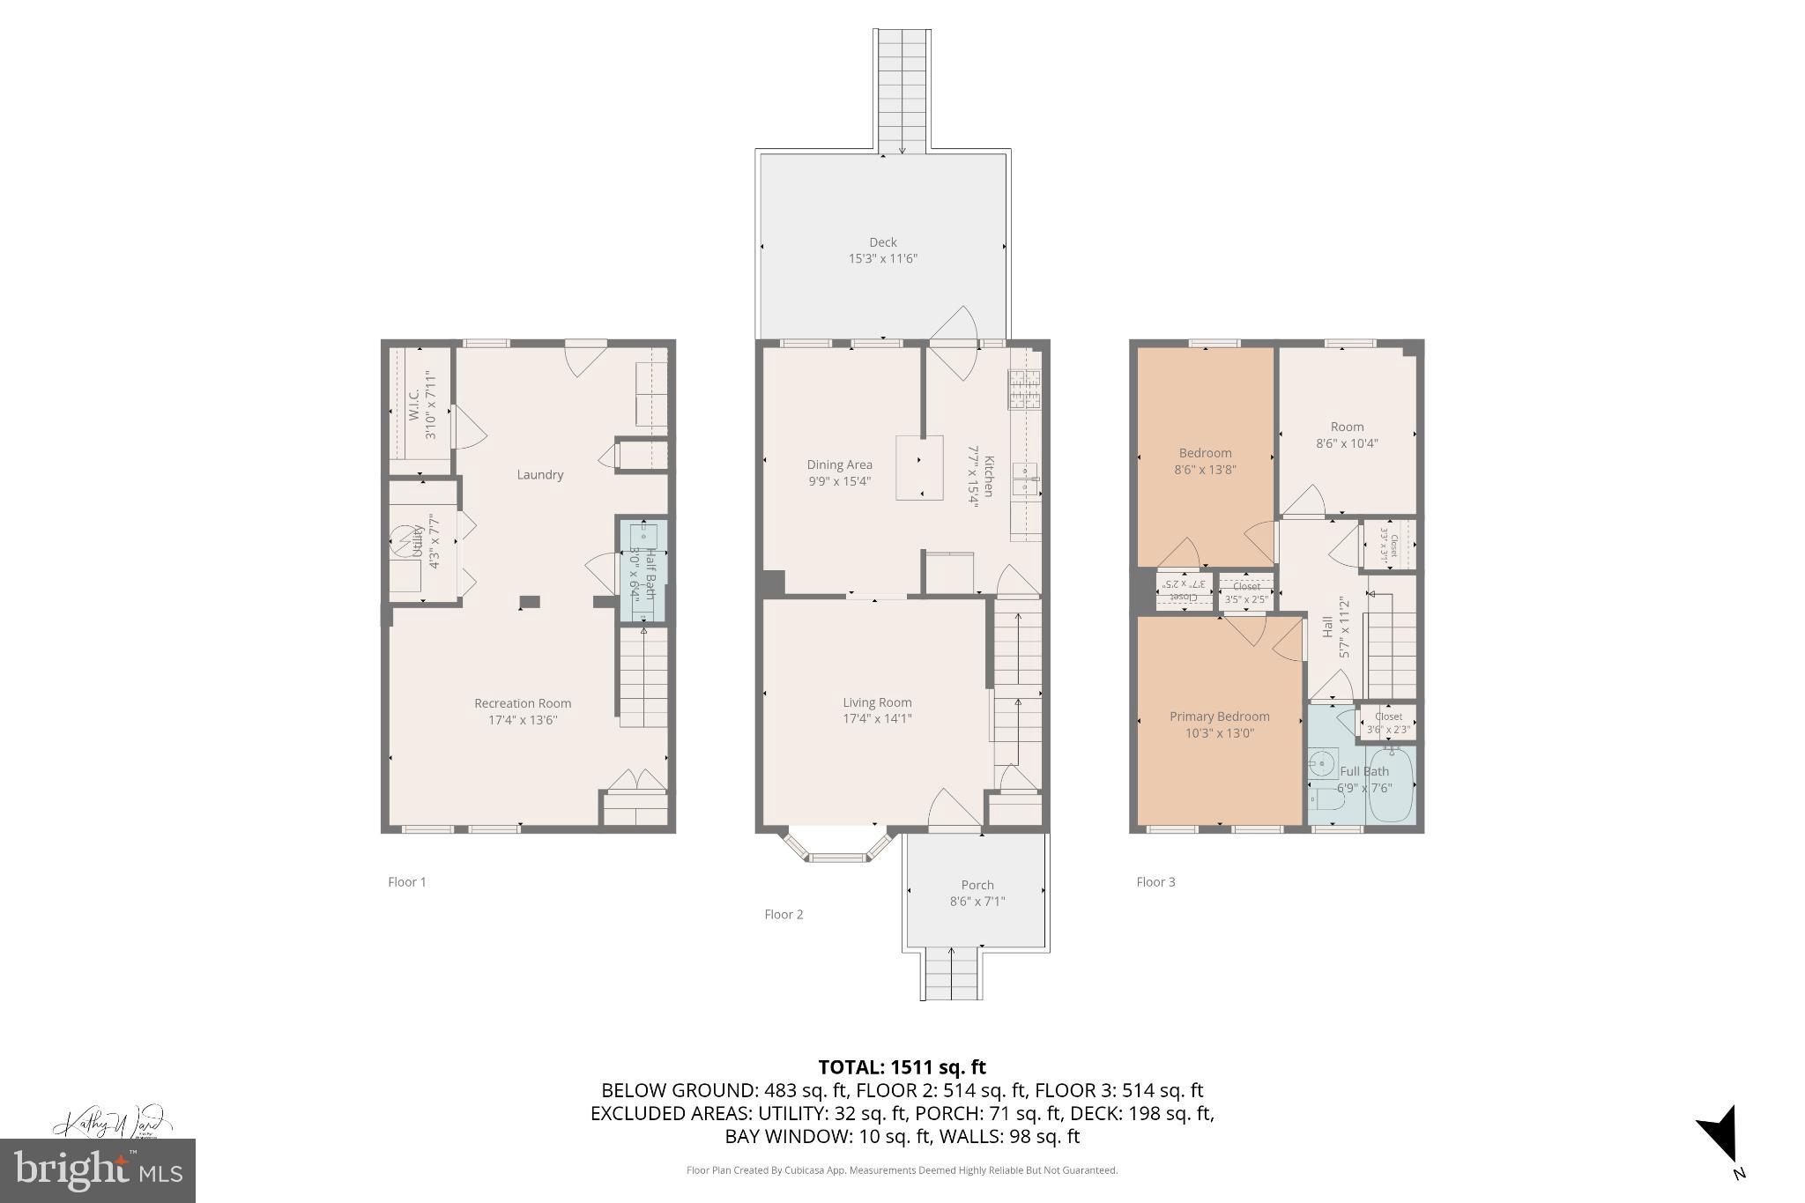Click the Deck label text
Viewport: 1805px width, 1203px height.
click(x=882, y=242)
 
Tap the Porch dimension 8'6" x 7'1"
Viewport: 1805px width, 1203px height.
click(x=977, y=902)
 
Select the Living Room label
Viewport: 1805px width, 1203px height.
click(x=877, y=702)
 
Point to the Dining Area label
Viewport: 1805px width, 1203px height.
click(x=839, y=464)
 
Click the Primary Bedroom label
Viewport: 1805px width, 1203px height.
click(x=1219, y=717)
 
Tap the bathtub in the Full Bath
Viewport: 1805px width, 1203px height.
click(x=1390, y=785)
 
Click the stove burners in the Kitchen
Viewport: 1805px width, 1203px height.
click(x=1024, y=389)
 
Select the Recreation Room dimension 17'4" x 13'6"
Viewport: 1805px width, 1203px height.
click(x=523, y=720)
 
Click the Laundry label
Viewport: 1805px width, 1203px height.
click(x=539, y=474)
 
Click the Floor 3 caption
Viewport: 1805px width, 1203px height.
click(x=1155, y=881)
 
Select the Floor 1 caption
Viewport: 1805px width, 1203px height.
click(x=407, y=881)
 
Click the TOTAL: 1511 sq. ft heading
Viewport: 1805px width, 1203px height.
click(x=902, y=1067)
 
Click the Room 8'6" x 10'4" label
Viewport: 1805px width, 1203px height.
click(x=1347, y=434)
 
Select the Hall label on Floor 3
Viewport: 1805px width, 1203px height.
click(x=1327, y=627)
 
